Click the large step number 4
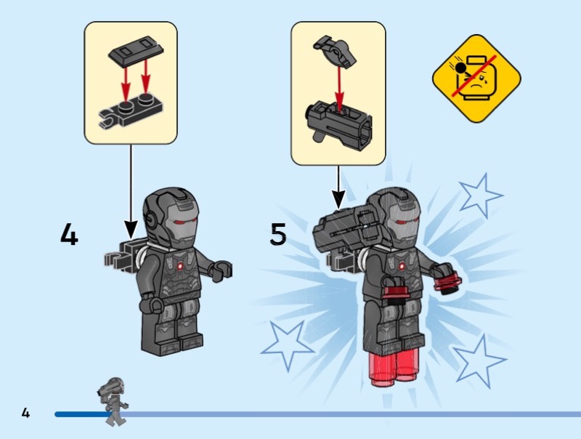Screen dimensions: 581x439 pyautogui.click(x=69, y=233)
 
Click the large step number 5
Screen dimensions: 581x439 pyautogui.click(x=278, y=233)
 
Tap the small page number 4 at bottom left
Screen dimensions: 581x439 pyautogui.click(x=25, y=413)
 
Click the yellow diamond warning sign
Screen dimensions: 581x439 pyautogui.click(x=476, y=78)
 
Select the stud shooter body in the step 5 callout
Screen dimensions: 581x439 pyautogui.click(x=338, y=124)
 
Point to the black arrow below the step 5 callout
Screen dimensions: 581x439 pyautogui.click(x=338, y=187)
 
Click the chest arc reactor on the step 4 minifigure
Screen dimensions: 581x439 pyautogui.click(x=180, y=265)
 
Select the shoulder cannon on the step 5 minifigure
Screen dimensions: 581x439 pyautogui.click(x=346, y=228)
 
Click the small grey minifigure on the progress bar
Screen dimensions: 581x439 pyautogui.click(x=113, y=401)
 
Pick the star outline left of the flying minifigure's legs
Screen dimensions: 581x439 pyautogui.click(x=287, y=345)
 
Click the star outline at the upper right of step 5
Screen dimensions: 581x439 pyautogui.click(x=480, y=196)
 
